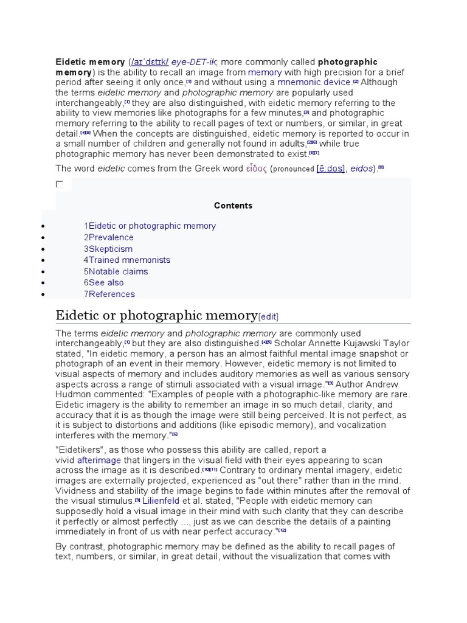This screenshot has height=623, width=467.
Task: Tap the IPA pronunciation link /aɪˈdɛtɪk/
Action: click(150, 62)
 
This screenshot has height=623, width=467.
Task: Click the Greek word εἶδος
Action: click(256, 169)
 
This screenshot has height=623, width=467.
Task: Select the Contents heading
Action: click(233, 206)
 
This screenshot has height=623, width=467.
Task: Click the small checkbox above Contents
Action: click(60, 184)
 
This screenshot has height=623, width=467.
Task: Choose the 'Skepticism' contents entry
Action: click(110, 249)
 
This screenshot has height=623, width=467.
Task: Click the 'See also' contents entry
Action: click(106, 282)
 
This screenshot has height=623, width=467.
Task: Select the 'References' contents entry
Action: click(112, 294)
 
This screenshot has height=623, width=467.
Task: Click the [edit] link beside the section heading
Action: click(269, 316)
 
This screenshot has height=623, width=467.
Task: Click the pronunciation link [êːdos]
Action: click(329, 169)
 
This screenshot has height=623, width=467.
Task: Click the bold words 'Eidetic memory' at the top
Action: click(90, 62)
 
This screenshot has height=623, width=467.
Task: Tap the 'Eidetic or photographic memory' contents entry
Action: click(152, 226)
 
